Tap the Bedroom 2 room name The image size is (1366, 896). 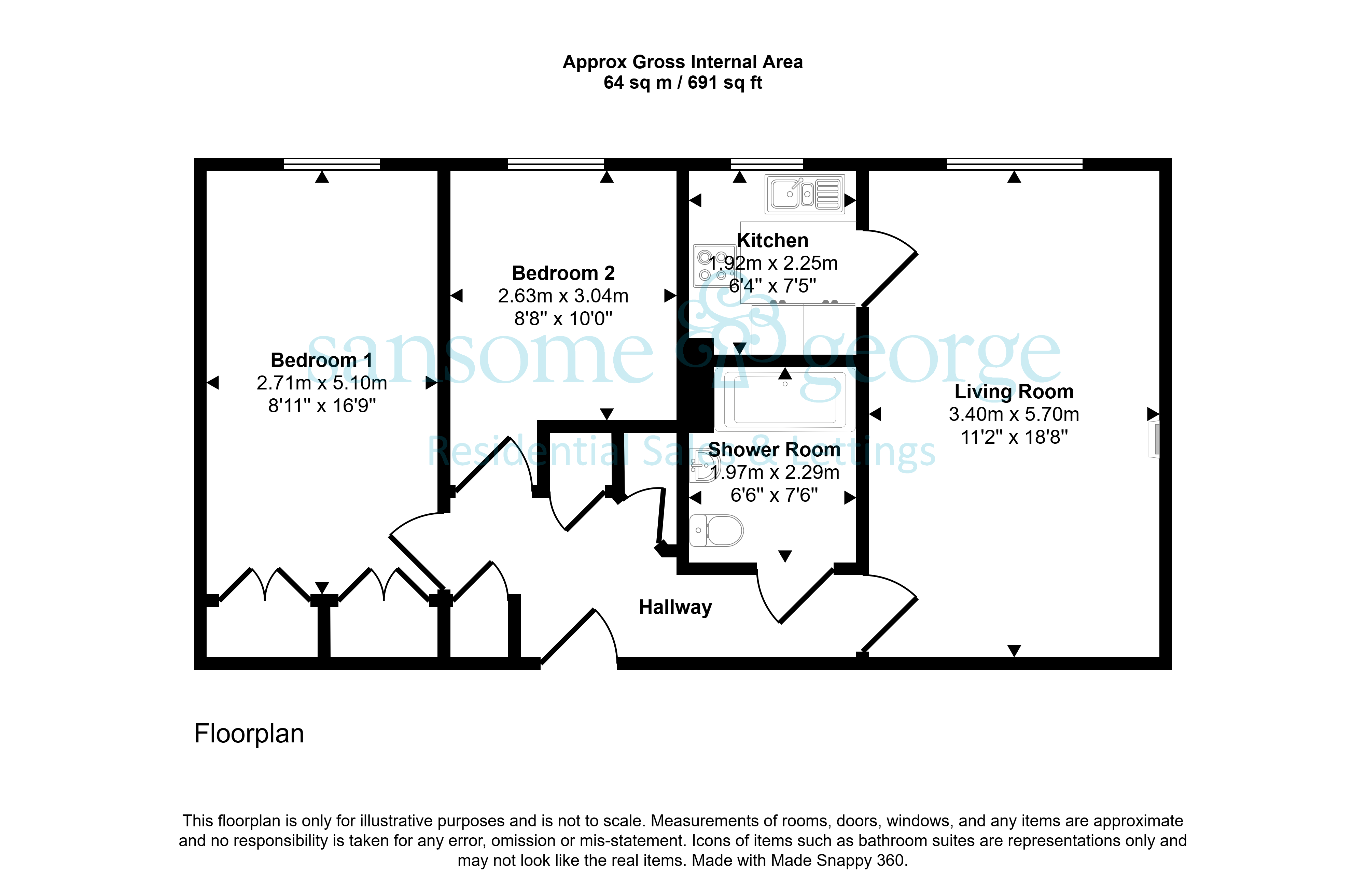(x=563, y=273)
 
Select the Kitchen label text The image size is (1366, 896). (x=772, y=240)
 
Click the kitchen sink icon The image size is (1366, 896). (x=805, y=194)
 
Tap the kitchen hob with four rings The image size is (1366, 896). (x=714, y=266)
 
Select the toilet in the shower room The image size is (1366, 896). (x=716, y=530)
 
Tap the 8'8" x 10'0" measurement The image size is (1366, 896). (x=563, y=318)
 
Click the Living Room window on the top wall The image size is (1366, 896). (x=1014, y=164)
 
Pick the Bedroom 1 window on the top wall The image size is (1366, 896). (x=332, y=164)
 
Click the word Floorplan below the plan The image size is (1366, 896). (x=249, y=734)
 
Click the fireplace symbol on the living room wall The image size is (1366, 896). (x=1154, y=440)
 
